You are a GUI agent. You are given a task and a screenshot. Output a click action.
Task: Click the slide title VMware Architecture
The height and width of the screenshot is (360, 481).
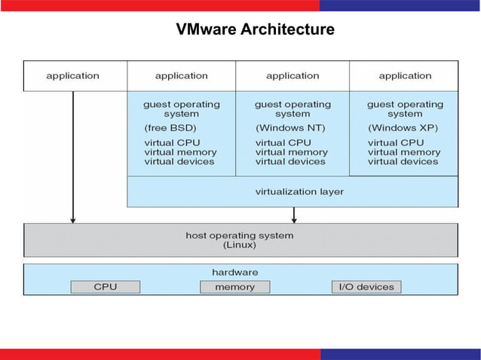tap(255, 30)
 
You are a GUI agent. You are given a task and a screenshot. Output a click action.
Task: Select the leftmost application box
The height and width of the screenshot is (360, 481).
tap(73, 75)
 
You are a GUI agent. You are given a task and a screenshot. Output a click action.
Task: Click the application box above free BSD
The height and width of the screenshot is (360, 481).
tap(181, 75)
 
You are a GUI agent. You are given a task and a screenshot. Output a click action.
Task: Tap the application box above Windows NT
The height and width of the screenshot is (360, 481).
tap(293, 75)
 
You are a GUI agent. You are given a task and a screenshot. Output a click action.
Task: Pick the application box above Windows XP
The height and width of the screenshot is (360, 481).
tap(405, 75)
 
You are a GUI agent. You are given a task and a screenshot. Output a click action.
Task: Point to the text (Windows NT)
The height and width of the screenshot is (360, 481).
tap(290, 128)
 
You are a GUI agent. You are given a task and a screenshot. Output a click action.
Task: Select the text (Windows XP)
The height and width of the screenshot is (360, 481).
tap(403, 128)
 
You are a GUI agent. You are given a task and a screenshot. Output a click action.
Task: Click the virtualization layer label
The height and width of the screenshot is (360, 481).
tap(299, 191)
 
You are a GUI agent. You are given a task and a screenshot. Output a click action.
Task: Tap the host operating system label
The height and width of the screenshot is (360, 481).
tap(240, 236)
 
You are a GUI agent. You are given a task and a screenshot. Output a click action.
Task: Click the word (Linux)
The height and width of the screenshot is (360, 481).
tap(240, 246)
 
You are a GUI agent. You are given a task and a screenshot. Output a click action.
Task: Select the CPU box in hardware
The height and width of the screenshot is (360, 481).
tap(105, 287)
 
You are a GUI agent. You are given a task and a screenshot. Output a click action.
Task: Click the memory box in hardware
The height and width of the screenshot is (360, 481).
tap(234, 287)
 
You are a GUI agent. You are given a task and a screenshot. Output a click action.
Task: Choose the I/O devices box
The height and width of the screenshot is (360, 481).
tap(366, 287)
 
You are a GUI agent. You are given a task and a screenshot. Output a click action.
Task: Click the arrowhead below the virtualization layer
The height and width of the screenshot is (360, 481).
tap(294, 220)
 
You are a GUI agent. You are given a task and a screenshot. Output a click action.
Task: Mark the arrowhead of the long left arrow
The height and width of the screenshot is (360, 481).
tap(73, 220)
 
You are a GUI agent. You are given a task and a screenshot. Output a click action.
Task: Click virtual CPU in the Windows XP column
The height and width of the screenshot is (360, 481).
tap(396, 142)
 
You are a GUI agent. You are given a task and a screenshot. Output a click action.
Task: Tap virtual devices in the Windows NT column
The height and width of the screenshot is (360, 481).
tap(290, 161)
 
